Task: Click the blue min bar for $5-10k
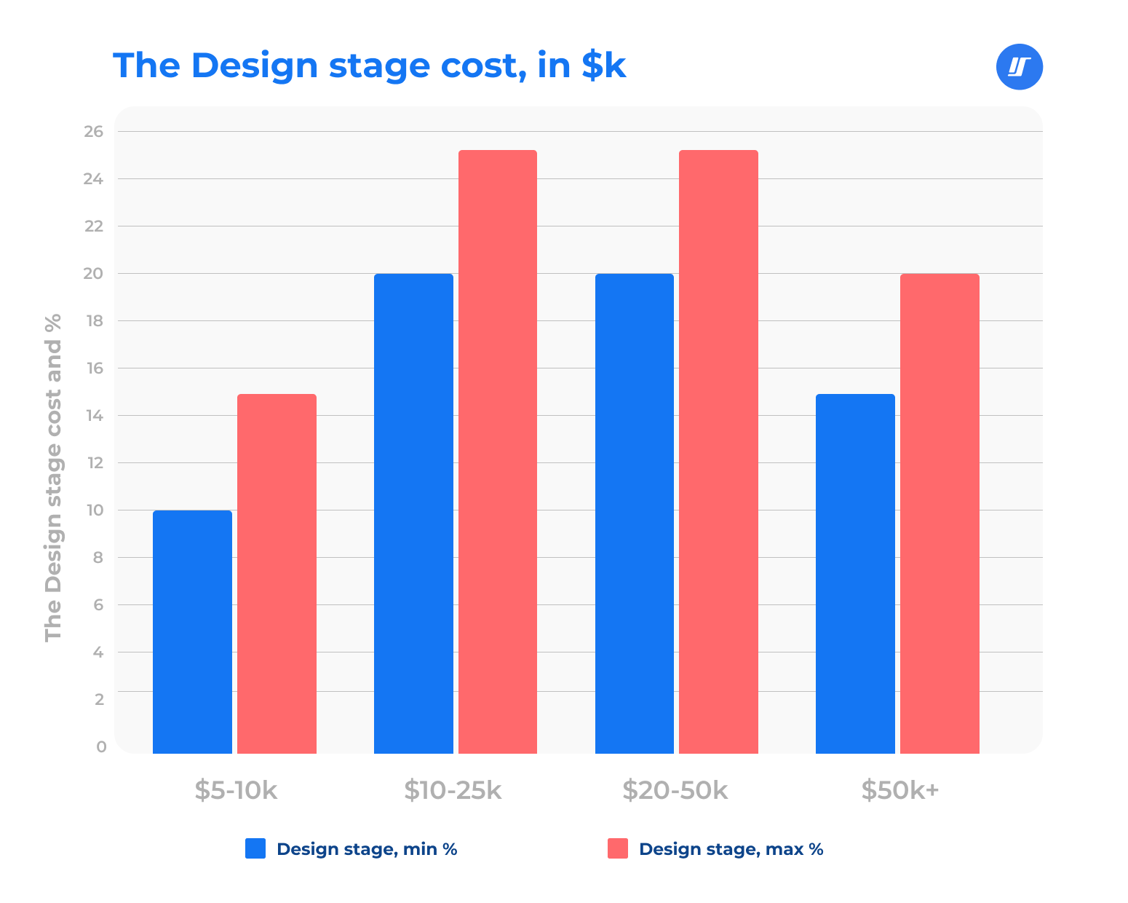192,632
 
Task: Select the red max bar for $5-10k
277,574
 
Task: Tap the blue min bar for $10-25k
413,513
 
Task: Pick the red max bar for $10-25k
498,451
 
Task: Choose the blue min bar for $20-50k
635,513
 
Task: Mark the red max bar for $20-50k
718,451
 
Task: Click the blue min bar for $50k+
855,574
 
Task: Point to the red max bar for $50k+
940,513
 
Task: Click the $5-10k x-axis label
236,790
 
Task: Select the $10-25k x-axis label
453,790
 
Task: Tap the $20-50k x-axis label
675,790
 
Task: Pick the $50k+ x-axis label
899,790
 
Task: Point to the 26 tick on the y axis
95,132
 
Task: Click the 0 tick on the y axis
100,746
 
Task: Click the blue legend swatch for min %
255,848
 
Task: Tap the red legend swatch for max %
618,848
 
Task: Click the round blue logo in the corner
1019,67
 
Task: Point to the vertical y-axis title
53,477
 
